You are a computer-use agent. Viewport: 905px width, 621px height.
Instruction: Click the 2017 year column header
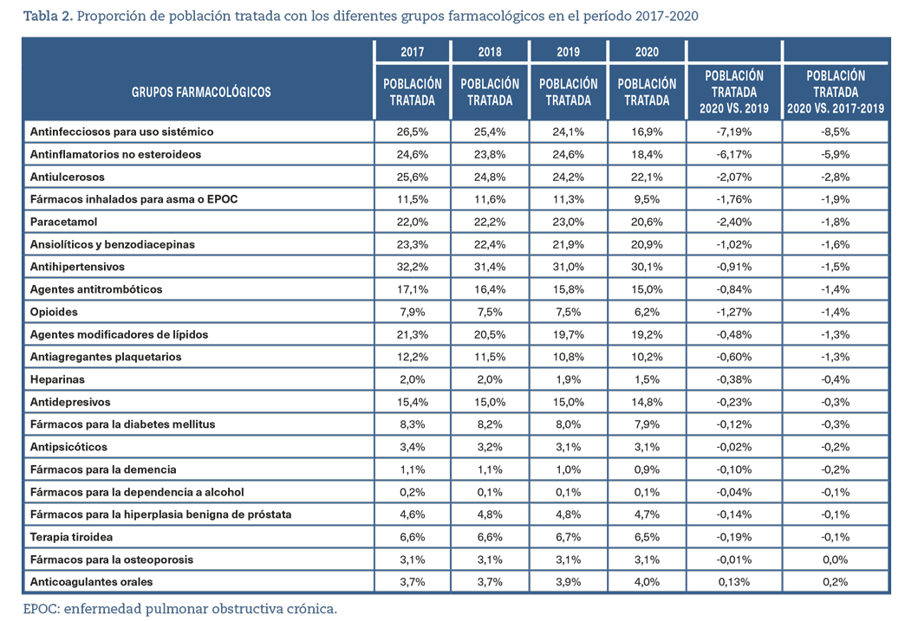412,52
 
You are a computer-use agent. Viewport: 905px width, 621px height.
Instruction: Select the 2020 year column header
647,52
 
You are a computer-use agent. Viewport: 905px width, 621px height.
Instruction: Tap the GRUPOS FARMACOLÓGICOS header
201,92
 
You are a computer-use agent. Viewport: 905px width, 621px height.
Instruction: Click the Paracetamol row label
63,222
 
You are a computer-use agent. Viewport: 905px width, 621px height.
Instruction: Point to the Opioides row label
54,312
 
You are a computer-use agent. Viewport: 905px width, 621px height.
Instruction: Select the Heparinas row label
57,379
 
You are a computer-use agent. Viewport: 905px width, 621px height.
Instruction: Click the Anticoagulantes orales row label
91,582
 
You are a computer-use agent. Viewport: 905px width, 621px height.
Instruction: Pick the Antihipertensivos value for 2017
412,267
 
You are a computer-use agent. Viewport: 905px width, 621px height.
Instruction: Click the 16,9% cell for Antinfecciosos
647,132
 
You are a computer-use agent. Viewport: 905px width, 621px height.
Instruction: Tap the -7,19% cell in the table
734,132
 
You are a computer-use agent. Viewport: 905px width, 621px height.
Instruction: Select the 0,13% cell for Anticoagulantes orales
734,582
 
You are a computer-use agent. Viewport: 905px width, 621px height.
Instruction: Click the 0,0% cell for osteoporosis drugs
835,560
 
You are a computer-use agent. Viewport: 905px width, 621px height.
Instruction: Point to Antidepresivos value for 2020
647,402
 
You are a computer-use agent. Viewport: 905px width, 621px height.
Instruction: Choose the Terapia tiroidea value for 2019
568,537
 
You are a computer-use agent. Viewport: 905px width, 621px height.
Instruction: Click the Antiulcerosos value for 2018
490,177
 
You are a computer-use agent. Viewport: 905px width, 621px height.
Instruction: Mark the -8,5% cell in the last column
835,132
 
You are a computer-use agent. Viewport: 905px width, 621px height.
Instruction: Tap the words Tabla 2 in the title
48,16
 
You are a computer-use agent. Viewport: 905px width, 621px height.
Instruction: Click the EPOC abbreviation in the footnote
41,609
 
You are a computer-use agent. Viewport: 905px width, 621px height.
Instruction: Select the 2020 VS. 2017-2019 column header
835,92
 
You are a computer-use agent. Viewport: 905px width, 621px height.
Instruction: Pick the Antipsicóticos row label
68,447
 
